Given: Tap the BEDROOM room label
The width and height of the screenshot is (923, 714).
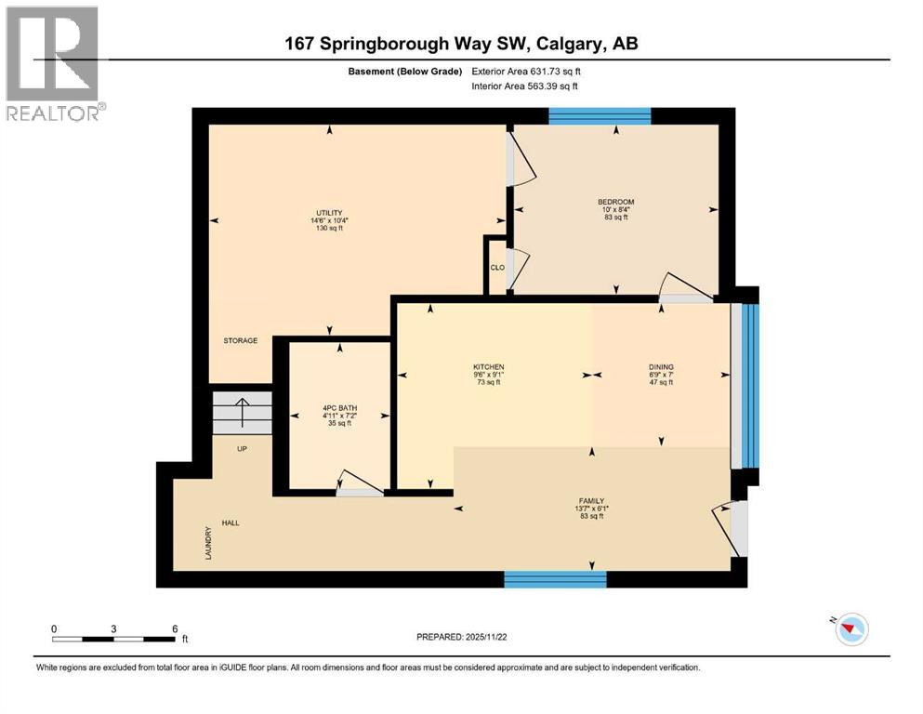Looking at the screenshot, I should click(x=615, y=202).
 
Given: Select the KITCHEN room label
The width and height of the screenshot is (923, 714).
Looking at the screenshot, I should click(x=488, y=367).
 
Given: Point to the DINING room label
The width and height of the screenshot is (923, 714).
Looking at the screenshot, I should click(x=661, y=367).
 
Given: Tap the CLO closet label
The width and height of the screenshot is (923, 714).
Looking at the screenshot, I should click(x=496, y=268).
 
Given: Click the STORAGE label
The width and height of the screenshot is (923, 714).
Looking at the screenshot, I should click(x=240, y=341).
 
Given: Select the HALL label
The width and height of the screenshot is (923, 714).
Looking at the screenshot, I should click(x=231, y=523).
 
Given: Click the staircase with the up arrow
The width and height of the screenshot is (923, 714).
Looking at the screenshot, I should click(x=243, y=413).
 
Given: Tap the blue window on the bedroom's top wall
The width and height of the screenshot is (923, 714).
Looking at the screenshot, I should click(x=599, y=116).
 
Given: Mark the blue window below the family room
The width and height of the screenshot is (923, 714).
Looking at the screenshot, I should click(x=555, y=579).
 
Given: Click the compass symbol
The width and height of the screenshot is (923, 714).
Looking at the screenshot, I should click(x=850, y=629).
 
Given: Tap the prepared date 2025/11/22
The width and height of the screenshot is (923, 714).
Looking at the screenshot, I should click(x=461, y=637).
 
